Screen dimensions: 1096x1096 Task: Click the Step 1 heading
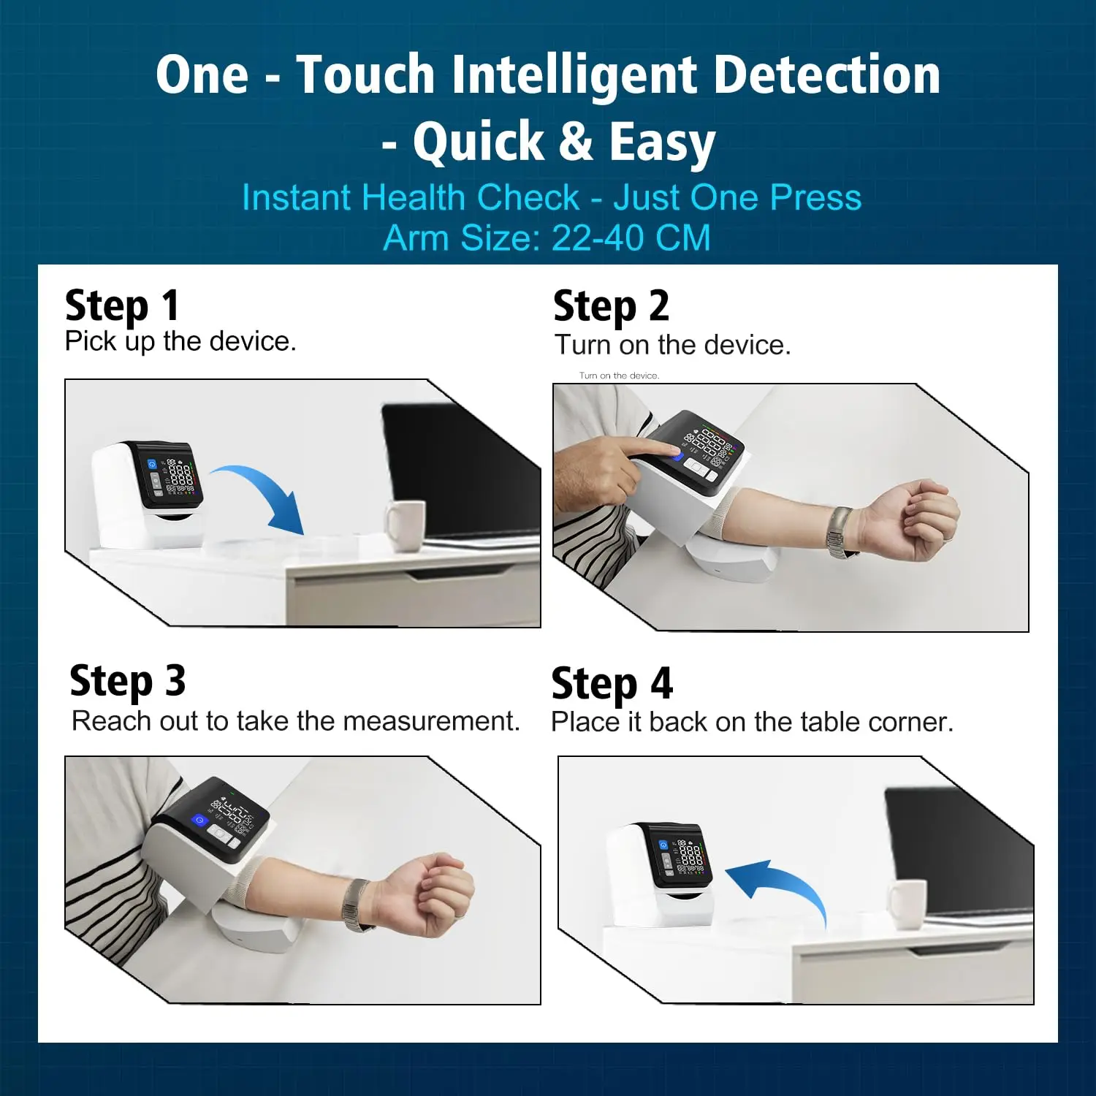122,305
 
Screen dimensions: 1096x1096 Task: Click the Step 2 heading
611,306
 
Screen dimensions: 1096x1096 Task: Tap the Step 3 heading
128,682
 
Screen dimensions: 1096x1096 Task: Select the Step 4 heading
612,684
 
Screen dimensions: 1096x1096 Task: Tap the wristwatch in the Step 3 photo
357,905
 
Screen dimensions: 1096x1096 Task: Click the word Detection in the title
826,76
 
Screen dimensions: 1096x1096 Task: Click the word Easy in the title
662,142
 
